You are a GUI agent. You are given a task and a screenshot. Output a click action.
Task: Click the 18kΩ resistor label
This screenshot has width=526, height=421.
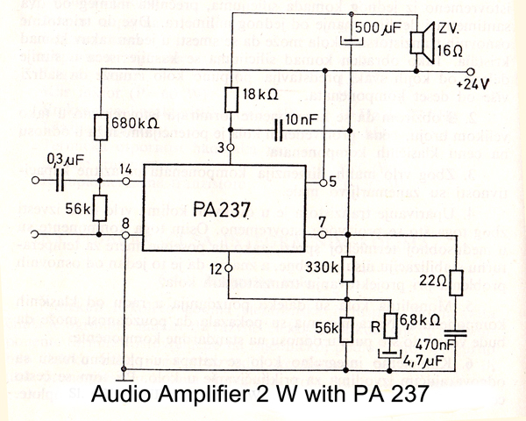259,95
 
